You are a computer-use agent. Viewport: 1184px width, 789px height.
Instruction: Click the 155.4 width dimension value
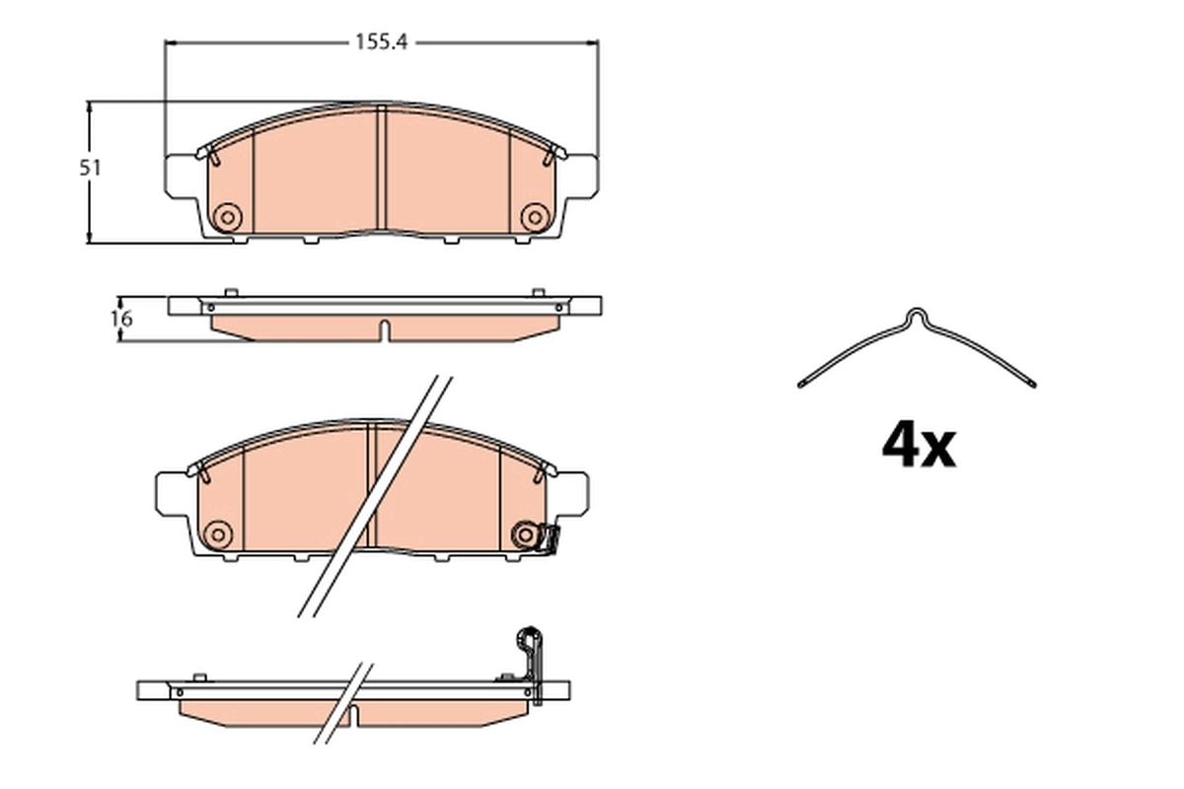tap(380, 42)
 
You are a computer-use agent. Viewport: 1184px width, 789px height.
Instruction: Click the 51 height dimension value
tap(91, 168)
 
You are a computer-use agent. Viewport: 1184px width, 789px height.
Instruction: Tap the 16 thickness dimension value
tap(120, 319)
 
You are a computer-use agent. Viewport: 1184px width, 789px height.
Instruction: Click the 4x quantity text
tap(918, 447)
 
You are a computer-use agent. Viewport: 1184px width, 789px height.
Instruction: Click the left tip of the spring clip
tap(800, 383)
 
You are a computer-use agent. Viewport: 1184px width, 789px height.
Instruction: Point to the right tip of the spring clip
tap(1032, 383)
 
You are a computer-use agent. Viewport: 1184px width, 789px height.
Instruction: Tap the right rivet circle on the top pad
tap(534, 217)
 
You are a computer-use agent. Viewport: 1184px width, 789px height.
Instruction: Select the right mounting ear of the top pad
tap(582, 175)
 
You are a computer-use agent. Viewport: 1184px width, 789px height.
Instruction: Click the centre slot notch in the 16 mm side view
tap(384, 328)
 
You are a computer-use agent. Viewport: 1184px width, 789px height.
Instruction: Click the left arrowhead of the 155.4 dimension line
tap(169, 42)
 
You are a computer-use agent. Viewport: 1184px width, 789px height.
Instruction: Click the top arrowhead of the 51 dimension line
tap(91, 106)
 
